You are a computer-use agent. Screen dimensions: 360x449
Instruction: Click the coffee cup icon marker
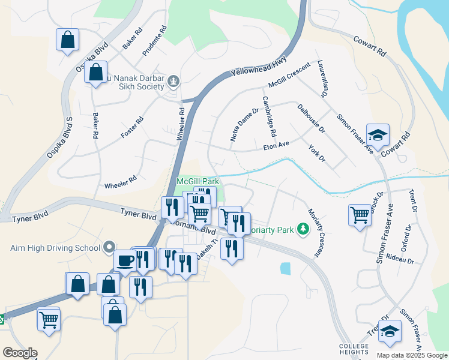(126, 260)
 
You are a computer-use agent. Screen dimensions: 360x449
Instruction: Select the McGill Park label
(197, 181)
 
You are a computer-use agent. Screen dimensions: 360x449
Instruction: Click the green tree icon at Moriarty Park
(304, 228)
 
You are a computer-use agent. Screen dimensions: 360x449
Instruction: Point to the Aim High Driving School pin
(109, 247)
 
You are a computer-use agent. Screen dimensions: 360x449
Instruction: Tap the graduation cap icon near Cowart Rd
(378, 135)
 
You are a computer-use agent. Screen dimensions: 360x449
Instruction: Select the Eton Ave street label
(277, 145)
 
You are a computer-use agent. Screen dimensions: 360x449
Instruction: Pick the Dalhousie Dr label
(311, 118)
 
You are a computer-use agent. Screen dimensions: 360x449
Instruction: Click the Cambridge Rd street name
(268, 116)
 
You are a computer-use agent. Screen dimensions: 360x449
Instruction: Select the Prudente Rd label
(154, 41)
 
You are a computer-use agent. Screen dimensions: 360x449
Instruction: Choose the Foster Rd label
(132, 128)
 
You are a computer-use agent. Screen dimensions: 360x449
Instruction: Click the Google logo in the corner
(20, 352)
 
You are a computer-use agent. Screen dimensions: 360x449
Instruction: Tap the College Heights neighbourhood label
(354, 349)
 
